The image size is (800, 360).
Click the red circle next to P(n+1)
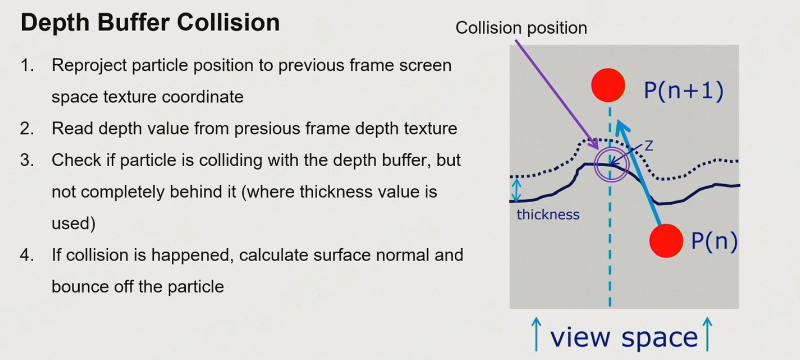608,85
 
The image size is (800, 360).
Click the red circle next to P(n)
666,241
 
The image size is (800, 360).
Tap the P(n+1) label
684,91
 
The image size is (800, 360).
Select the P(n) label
714,241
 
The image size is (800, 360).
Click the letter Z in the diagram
649,146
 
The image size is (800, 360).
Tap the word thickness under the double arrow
548,215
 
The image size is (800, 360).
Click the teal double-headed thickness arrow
517,190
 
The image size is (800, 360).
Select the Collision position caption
521,28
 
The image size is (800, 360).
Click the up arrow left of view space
536,334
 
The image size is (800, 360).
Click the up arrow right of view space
707,334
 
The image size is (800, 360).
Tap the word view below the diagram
581,337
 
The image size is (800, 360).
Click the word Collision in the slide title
228,23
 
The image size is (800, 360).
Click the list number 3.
27,160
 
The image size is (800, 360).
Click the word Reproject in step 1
90,66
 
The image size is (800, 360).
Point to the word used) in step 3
73,223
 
